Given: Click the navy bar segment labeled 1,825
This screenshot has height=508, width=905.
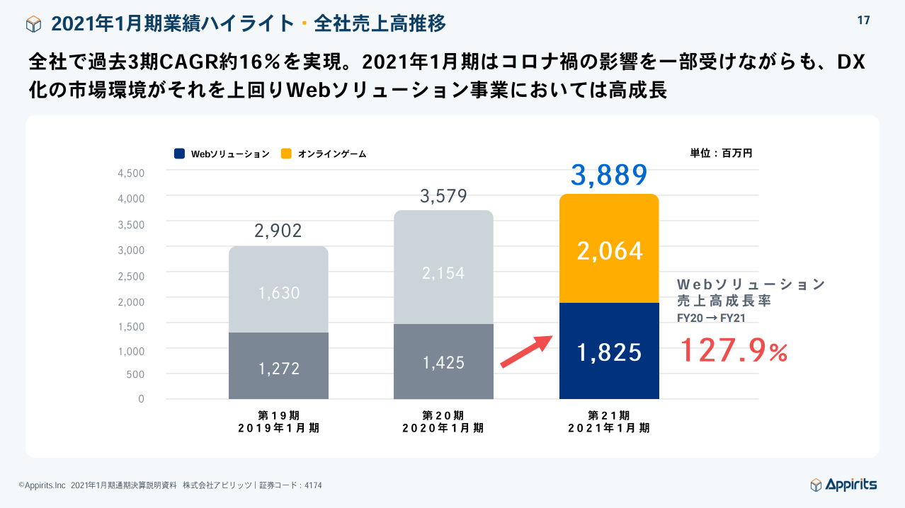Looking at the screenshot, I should (609, 351).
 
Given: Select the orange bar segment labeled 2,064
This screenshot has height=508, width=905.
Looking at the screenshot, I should (609, 250).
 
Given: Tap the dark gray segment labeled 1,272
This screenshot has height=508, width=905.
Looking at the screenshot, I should (278, 366).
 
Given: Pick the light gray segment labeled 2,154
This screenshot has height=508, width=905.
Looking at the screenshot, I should (443, 272).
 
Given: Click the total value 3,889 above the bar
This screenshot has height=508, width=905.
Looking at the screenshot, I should (609, 175).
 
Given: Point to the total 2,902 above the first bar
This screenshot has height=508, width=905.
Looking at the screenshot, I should (278, 231).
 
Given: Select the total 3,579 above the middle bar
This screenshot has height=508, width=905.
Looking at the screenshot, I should (443, 196).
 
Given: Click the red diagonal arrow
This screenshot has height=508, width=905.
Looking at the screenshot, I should (526, 351).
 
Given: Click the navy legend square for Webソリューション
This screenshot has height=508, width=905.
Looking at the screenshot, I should (180, 154).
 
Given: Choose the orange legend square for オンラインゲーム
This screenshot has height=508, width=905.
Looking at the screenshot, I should (286, 154).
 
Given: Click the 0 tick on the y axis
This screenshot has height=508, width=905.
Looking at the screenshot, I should (141, 399).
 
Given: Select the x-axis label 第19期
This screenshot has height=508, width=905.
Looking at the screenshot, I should (278, 415).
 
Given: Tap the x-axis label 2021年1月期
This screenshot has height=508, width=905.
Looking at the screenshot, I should (609, 428).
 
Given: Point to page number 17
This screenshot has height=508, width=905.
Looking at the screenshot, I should (863, 21).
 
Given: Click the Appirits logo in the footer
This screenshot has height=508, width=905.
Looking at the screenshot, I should (843, 485).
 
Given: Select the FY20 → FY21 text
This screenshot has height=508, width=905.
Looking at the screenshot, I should (711, 318).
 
